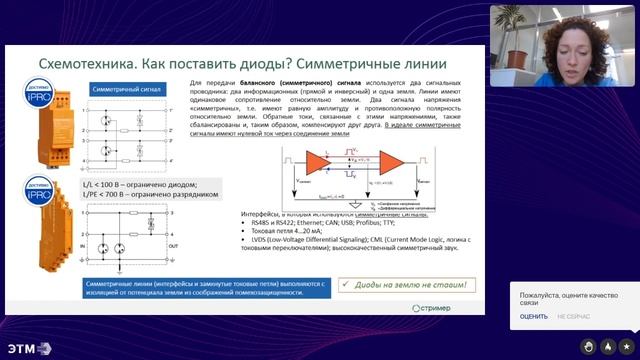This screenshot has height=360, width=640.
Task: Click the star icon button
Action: (625, 346)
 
